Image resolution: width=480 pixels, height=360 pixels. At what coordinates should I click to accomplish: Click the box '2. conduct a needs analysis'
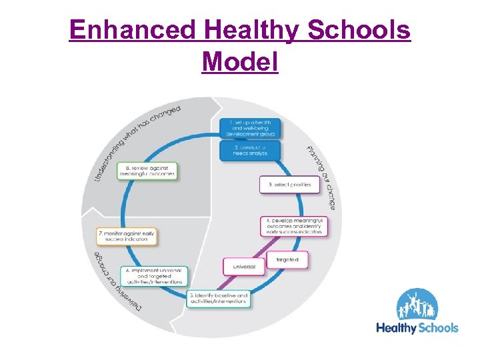[250, 150]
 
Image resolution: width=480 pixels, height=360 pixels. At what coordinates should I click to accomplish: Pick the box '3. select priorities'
[289, 184]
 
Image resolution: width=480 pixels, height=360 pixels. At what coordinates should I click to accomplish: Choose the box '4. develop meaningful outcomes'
[294, 225]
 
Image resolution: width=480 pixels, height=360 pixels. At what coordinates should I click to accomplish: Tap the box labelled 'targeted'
[287, 259]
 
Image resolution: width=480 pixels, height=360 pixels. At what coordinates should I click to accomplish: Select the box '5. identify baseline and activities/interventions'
[219, 298]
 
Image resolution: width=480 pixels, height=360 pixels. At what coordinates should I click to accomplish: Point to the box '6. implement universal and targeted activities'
[154, 275]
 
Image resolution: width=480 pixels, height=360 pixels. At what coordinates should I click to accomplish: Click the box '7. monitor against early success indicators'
[127, 235]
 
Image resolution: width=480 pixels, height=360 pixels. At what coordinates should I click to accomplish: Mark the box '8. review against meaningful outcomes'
[147, 171]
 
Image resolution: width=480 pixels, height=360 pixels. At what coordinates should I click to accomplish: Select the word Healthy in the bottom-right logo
[396, 327]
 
